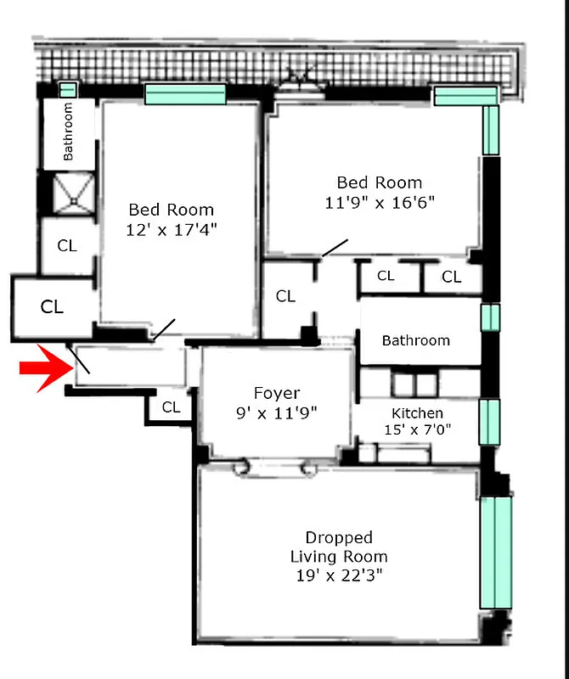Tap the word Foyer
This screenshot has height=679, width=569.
(277, 393)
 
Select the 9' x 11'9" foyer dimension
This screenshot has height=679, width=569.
(277, 414)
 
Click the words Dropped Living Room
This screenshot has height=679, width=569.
(339, 547)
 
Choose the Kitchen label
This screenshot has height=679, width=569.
(417, 413)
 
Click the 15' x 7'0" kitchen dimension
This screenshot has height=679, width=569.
(417, 430)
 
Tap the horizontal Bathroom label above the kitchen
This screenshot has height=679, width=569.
(415, 340)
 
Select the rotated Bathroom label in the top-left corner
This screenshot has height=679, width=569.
(69, 132)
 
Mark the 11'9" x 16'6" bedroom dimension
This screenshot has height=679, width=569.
(380, 203)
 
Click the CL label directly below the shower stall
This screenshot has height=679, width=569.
(67, 246)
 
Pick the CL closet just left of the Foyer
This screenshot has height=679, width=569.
(171, 407)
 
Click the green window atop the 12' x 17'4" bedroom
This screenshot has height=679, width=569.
(185, 93)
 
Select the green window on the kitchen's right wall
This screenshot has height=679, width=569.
(490, 422)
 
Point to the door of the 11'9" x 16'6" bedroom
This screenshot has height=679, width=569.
(334, 247)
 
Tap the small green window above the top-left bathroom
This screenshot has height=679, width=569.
(67, 89)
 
